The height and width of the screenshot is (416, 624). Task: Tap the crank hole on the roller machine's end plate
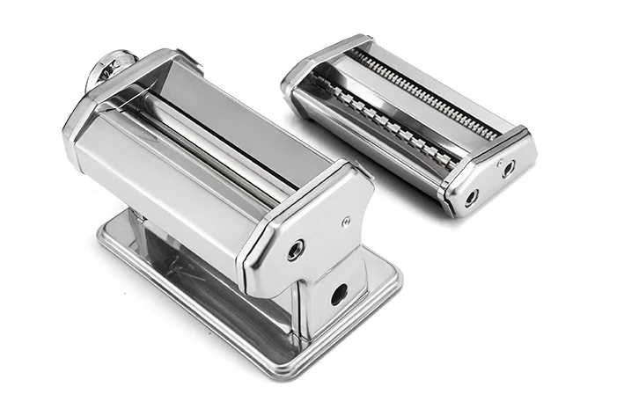point(296,249)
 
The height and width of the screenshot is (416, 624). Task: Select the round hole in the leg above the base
point(338,296)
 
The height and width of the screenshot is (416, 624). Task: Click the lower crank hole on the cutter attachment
point(472,197)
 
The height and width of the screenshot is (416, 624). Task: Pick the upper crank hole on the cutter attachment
point(508,168)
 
